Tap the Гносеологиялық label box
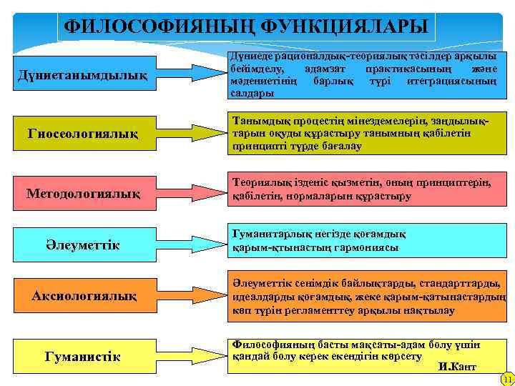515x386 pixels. pyautogui.click(x=83, y=133)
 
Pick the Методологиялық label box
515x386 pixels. pyautogui.click(x=83, y=194)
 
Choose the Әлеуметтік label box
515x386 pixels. pyautogui.click(x=83, y=245)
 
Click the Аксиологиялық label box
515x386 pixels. pyautogui.click(x=83, y=295)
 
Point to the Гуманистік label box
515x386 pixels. pyautogui.click(x=83, y=356)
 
